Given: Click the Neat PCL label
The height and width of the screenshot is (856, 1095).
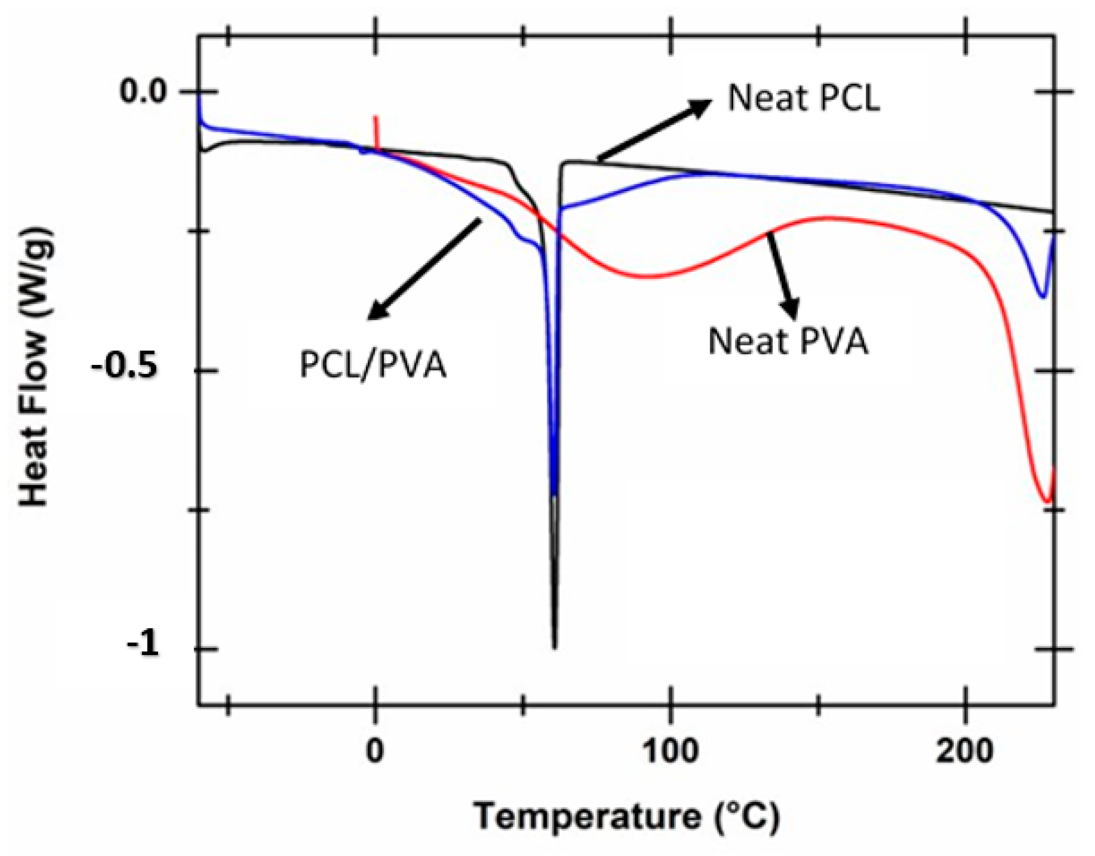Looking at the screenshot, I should click(x=804, y=98).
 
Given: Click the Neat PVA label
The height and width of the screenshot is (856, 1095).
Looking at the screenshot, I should click(x=788, y=342).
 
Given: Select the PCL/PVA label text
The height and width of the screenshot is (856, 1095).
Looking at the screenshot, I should click(x=373, y=365).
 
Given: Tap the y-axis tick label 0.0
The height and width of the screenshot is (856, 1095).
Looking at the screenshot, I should click(x=142, y=92).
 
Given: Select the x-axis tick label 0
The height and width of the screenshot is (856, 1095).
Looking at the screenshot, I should click(x=375, y=751).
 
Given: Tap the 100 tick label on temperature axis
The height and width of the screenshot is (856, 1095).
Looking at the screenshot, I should click(x=670, y=751).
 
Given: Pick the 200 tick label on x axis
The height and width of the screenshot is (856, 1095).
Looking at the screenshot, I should click(x=965, y=751).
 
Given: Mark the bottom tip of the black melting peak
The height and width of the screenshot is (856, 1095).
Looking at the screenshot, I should click(x=554, y=647).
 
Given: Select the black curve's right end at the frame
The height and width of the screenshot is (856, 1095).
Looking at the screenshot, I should click(x=1053, y=212).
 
